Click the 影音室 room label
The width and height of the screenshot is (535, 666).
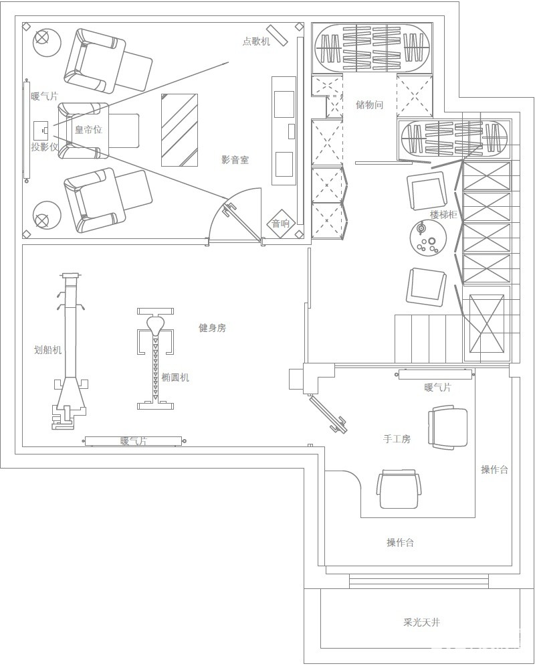(235, 160)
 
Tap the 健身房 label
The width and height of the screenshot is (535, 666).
(213, 327)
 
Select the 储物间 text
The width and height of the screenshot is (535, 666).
(370, 104)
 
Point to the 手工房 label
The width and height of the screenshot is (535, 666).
(397, 438)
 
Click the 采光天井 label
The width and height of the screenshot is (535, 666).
(421, 622)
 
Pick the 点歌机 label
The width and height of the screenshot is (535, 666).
(256, 41)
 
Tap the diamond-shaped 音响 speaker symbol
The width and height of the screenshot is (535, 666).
(280, 223)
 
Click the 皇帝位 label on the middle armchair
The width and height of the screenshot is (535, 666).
(89, 129)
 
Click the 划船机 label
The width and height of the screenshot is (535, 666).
(48, 349)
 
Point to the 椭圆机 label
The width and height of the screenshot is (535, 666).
(175, 377)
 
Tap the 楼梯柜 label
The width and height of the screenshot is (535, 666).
(443, 214)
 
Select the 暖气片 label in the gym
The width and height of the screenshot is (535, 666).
(134, 441)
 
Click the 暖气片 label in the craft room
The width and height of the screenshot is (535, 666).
(438, 387)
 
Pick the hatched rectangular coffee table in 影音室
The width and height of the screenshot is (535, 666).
(179, 130)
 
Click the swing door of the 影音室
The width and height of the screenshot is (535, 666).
(242, 222)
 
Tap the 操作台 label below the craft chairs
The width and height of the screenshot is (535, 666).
(400, 542)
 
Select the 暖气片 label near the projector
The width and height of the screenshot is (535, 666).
(45, 96)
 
